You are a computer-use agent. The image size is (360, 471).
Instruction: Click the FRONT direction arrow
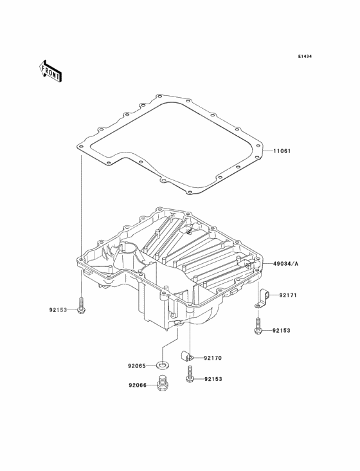click(x=50, y=71)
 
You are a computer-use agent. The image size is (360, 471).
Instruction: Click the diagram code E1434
click(x=305, y=56)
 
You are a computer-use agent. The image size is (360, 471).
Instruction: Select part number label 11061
click(x=282, y=151)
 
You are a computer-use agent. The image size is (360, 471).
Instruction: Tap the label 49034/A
click(x=286, y=264)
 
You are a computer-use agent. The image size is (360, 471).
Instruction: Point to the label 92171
click(x=288, y=295)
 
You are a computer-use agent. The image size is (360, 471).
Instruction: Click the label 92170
click(x=213, y=358)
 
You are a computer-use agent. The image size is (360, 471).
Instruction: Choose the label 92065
click(x=137, y=366)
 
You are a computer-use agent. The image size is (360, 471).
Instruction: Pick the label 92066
click(x=138, y=385)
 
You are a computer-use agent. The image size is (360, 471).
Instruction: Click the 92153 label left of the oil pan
click(x=59, y=309)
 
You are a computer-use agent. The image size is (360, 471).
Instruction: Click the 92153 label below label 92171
click(x=282, y=331)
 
